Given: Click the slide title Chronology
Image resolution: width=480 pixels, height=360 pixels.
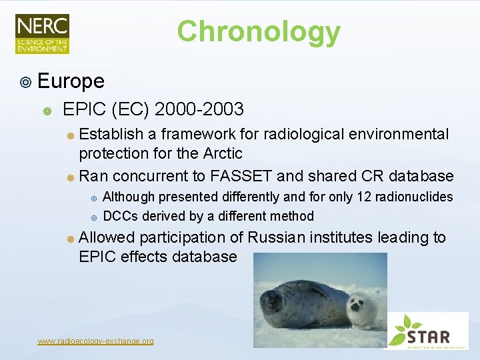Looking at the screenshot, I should pyautogui.click(x=258, y=31).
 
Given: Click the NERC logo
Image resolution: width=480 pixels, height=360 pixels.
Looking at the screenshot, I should pyautogui.click(x=42, y=33).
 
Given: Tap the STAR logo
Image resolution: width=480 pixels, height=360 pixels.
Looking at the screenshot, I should pyautogui.click(x=427, y=330).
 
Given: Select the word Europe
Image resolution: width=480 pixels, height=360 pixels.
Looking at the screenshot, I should pyautogui.click(x=71, y=81).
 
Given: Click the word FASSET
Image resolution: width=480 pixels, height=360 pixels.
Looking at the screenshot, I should pyautogui.click(x=241, y=176).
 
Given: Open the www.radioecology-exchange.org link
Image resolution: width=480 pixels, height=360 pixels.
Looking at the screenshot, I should pyautogui.click(x=95, y=341).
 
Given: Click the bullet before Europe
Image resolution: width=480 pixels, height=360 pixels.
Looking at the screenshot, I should pyautogui.click(x=25, y=83).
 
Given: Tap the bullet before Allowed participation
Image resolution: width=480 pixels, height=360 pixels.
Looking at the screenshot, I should pyautogui.click(x=71, y=239).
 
